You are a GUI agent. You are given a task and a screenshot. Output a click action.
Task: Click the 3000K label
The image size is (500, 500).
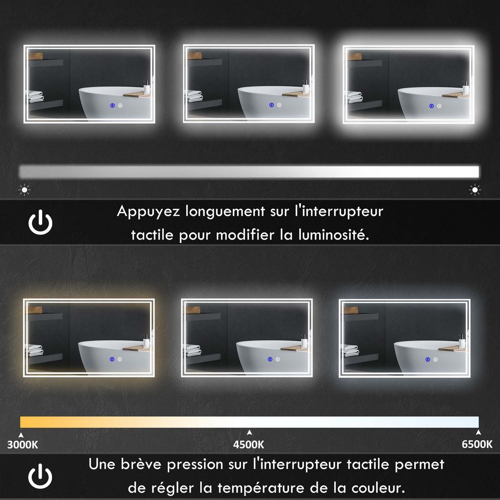coord(22,445)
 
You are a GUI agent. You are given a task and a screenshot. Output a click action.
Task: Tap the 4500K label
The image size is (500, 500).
coord(249,445)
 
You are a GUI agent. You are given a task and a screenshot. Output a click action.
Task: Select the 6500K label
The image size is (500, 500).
coord(477,445)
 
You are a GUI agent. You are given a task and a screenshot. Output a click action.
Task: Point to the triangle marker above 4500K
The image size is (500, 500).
coord(249,432)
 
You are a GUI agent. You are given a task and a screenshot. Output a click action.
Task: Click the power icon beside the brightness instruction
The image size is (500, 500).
coord(40,222)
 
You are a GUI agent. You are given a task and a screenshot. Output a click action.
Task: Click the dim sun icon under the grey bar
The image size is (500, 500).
coord(25,190)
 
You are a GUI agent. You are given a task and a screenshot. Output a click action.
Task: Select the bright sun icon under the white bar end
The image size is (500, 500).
coord(475,190)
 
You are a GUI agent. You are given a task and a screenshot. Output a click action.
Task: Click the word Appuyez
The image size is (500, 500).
coord(148,212)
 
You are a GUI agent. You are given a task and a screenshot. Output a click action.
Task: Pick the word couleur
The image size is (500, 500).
coord(377,487)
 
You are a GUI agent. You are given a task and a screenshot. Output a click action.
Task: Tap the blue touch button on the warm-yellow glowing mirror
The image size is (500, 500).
coord(111,360)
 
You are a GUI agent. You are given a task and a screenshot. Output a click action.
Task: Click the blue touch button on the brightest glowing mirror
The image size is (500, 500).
coord(432,106)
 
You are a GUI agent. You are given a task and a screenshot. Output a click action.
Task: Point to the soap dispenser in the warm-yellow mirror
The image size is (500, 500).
coord(146,341)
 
